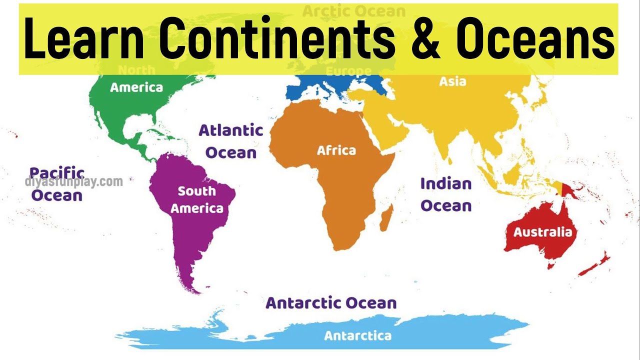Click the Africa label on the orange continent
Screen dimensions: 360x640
(x=336, y=150)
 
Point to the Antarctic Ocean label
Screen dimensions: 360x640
(x=331, y=302)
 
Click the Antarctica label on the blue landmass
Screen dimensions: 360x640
(x=357, y=335)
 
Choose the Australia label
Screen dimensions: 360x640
(x=542, y=232)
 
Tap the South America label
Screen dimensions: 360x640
(x=197, y=199)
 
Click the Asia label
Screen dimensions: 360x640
(x=452, y=81)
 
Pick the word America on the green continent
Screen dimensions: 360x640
(x=136, y=87)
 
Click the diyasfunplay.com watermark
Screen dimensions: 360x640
(x=74, y=182)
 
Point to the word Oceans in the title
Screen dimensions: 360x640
(x=535, y=39)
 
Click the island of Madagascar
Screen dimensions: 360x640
(x=386, y=220)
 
